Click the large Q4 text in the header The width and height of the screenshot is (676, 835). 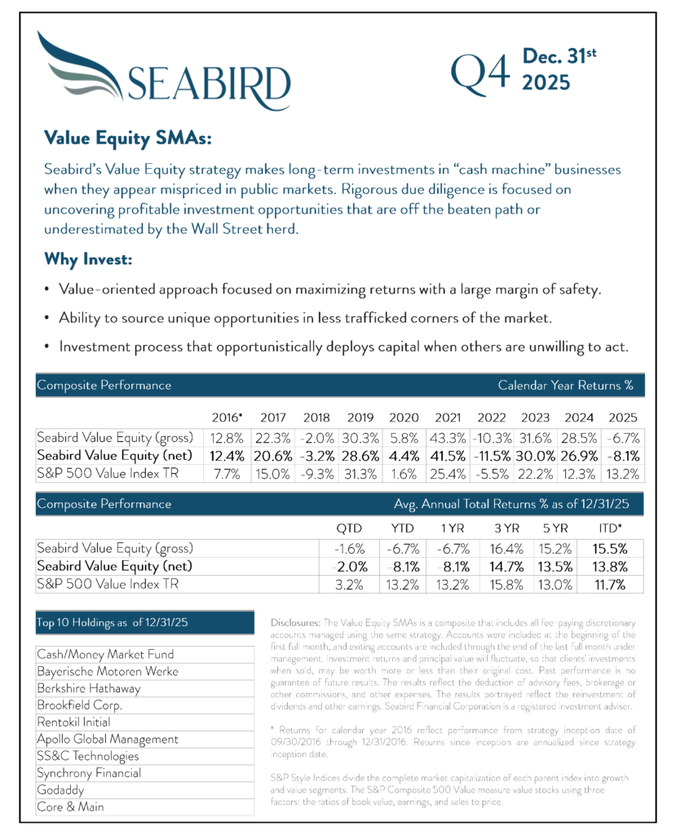482,74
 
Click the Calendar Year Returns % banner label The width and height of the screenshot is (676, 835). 565,385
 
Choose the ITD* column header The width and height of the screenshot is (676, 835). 614,528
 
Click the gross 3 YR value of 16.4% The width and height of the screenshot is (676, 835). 506,549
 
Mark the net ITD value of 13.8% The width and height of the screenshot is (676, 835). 613,567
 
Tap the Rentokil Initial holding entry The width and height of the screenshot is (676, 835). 73,722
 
